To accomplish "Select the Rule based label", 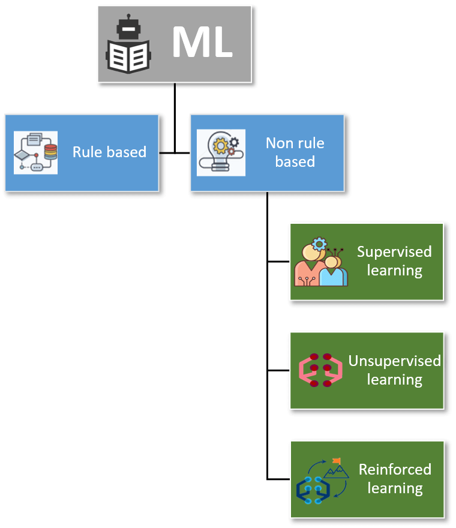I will click(x=109, y=152).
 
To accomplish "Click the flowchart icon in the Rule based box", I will click(x=35, y=152).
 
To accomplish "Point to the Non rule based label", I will click(x=295, y=152).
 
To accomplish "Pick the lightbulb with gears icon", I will click(x=221, y=152).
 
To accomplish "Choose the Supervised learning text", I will click(x=394, y=261).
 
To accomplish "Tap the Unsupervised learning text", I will click(x=394, y=370).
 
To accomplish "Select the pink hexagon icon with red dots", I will click(x=320, y=370).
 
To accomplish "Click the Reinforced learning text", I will click(x=395, y=479).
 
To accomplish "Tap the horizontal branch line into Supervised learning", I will click(x=279, y=262).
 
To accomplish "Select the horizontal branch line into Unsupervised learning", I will click(x=279, y=370).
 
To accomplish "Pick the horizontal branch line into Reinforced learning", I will click(x=279, y=479).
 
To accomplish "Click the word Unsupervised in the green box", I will click(x=394, y=361).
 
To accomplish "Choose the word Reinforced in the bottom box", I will click(x=395, y=470).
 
